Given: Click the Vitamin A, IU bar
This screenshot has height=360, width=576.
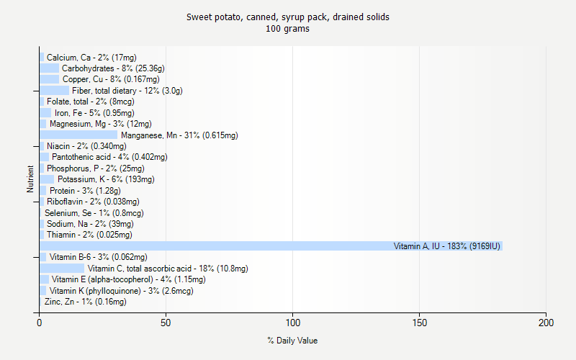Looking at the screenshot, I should click(x=271, y=246).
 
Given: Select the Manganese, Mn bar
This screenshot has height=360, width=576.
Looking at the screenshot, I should click(x=78, y=135).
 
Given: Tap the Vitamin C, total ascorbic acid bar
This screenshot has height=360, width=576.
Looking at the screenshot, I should click(x=62, y=269).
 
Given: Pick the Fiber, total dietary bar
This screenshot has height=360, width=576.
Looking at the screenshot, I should click(x=55, y=91).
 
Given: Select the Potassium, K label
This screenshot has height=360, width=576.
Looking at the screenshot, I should click(x=106, y=179).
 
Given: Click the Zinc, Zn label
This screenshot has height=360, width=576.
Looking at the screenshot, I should click(x=85, y=302).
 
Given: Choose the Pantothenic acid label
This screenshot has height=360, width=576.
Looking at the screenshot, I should click(x=109, y=157).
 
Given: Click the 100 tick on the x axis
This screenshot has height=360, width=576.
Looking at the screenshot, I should click(x=293, y=323).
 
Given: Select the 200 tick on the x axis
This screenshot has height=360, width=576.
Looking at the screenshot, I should click(x=546, y=323).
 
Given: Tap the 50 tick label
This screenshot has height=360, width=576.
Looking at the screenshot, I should click(x=166, y=323).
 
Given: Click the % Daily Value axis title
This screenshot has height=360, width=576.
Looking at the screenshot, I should click(x=292, y=341).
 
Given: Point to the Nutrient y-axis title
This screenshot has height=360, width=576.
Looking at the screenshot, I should click(x=30, y=179).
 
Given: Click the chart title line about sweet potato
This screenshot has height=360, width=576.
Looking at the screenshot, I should click(x=288, y=17).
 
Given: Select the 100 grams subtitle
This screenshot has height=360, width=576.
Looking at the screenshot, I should click(x=288, y=29).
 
